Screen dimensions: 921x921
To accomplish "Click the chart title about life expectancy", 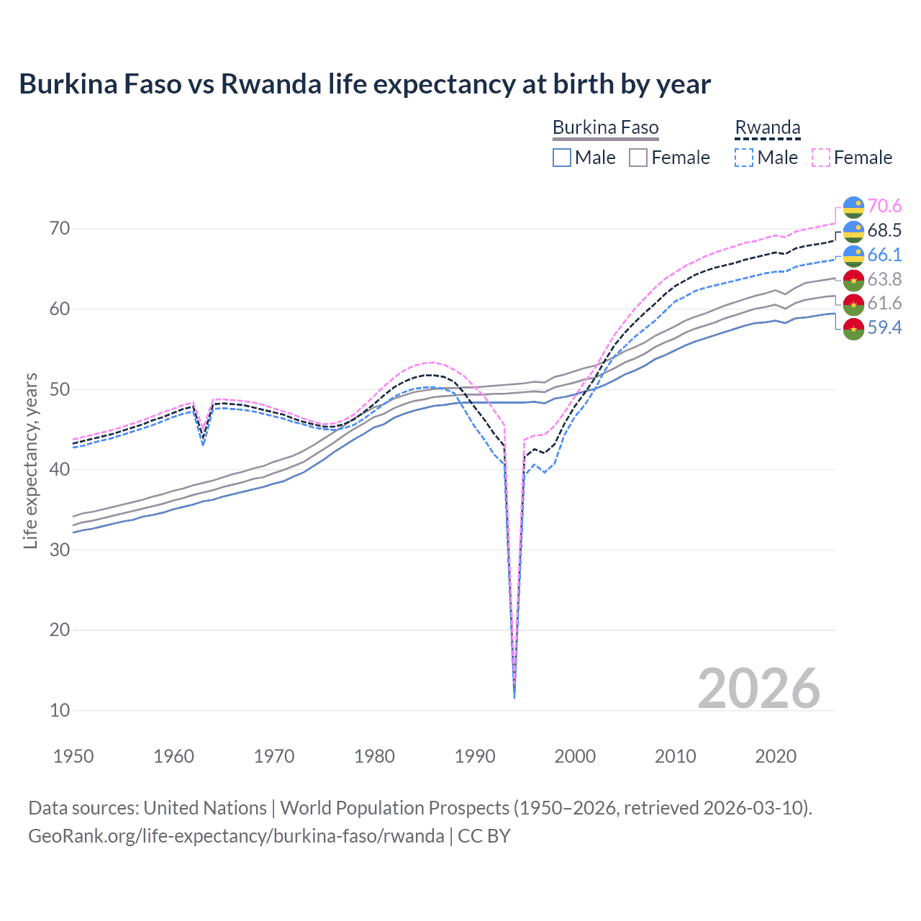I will [x=365, y=84].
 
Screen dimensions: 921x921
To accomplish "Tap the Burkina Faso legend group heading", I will [x=605, y=128].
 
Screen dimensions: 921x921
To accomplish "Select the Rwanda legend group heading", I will [x=767, y=128].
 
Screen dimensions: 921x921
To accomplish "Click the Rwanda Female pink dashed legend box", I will [x=821, y=158].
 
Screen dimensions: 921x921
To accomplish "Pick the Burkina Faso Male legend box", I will [x=562, y=158].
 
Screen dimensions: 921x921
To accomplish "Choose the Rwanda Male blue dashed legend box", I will [x=744, y=158].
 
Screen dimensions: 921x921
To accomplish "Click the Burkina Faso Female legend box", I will [x=638, y=158].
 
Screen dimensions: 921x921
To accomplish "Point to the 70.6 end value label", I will [x=884, y=207].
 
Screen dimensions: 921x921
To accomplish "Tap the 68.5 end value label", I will [x=884, y=231].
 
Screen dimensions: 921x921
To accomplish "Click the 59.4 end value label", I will [x=884, y=328].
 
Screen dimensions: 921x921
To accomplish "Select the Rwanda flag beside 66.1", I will [x=853, y=255].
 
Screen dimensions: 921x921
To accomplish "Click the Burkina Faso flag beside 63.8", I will [x=853, y=280].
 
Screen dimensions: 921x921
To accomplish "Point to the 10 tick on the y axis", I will [x=60, y=710].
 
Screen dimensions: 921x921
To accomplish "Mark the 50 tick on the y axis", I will [x=60, y=389].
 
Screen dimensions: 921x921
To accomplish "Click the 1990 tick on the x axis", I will [x=475, y=756].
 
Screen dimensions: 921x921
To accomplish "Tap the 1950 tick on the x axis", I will [x=73, y=756].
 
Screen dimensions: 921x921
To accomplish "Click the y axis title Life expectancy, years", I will [x=30, y=460].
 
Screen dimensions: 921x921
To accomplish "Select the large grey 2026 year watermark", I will [x=758, y=689].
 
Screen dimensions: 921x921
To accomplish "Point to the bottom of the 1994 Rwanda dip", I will [x=514, y=697].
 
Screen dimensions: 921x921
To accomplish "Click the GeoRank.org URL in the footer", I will [x=236, y=836].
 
